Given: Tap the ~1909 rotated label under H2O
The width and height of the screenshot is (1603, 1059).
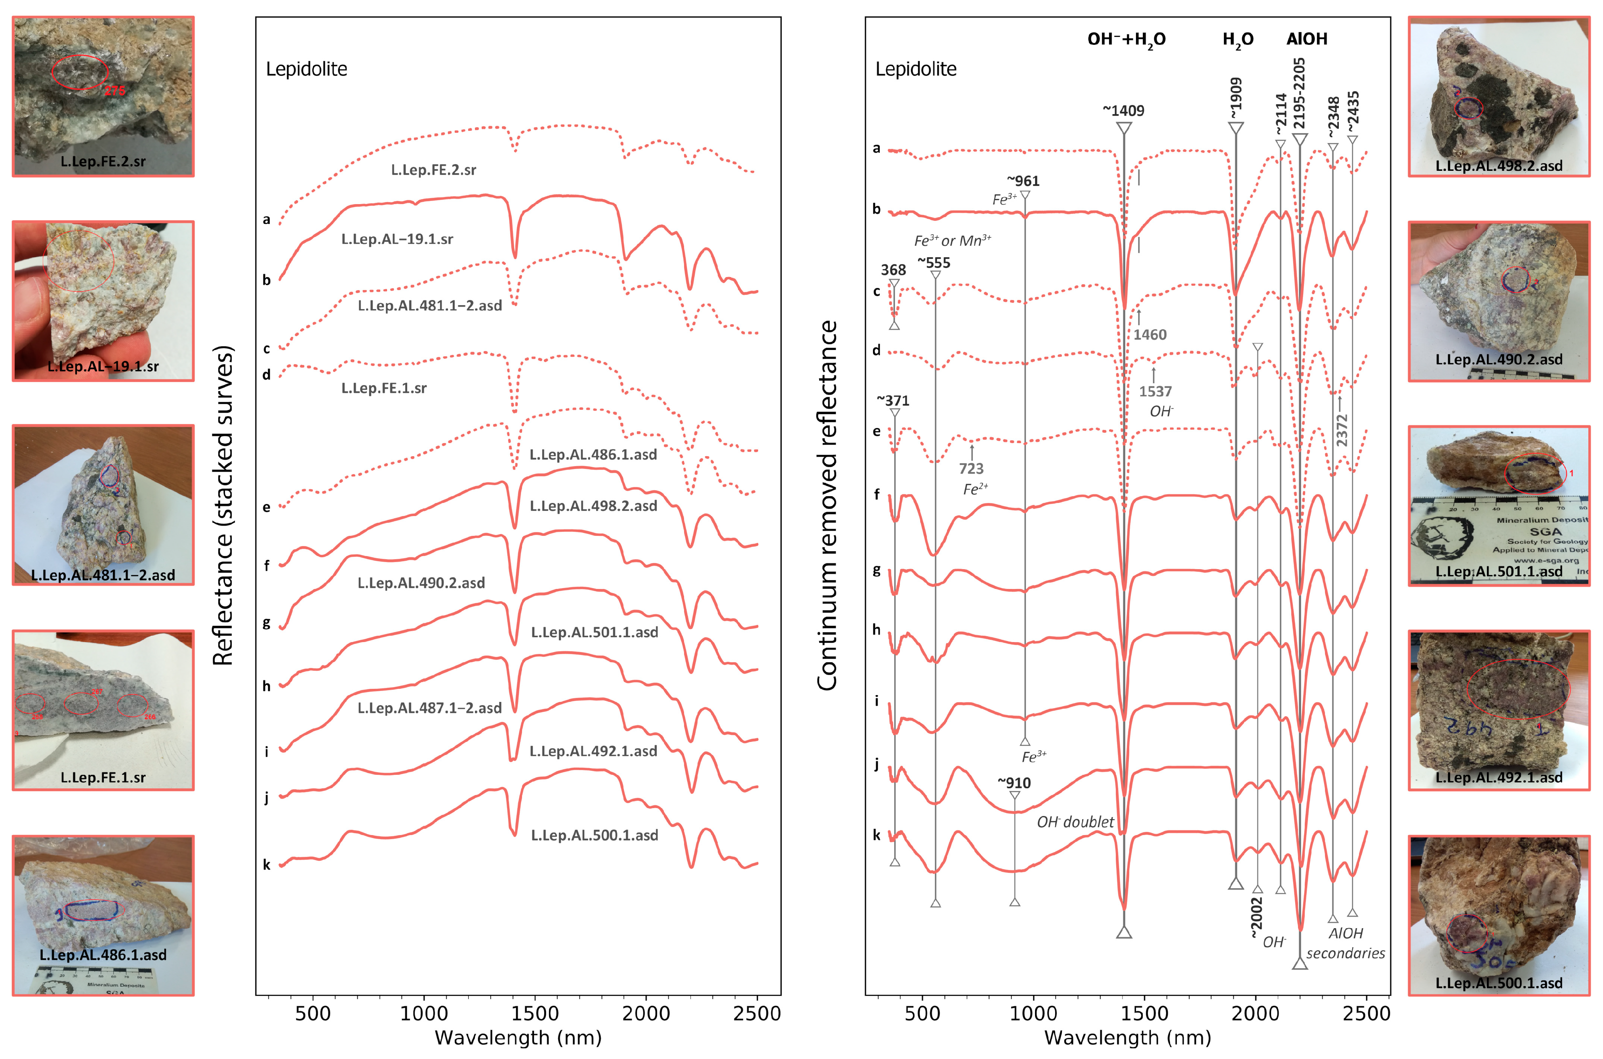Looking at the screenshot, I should (x=1235, y=98).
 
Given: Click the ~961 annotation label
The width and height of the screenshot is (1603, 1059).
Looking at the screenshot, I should (x=1023, y=181).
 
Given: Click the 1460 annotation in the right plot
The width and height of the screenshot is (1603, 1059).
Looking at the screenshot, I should (x=1149, y=335).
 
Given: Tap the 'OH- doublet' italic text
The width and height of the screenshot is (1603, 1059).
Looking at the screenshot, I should (x=1075, y=822).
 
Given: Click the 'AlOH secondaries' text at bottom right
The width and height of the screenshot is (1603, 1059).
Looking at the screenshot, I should (x=1345, y=943).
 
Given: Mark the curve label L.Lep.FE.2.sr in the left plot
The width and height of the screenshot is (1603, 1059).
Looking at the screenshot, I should (x=433, y=170).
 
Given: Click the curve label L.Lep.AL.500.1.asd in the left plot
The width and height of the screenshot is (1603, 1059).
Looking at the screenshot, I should (x=594, y=835).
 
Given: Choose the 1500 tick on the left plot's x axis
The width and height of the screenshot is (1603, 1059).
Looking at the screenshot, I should (x=535, y=1013).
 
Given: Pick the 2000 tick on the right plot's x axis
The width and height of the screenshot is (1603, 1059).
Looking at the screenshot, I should (x=1255, y=1013).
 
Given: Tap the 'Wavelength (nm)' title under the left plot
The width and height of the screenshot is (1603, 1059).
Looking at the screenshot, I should (x=518, y=1037).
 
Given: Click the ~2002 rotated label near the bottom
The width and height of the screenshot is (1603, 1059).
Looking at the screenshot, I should (x=1255, y=916).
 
